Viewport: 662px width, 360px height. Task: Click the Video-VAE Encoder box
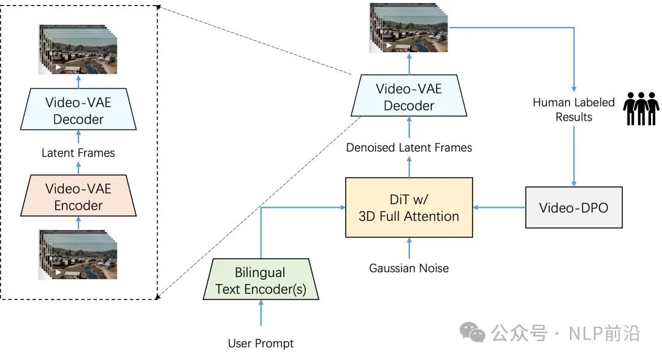pyautogui.click(x=78, y=196)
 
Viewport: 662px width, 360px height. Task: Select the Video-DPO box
pyautogui.click(x=574, y=207)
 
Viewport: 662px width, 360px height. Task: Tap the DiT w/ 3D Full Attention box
pyautogui.click(x=409, y=207)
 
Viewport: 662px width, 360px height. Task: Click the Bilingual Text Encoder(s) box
pyautogui.click(x=261, y=280)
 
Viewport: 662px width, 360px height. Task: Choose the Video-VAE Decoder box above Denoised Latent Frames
pyautogui.click(x=409, y=97)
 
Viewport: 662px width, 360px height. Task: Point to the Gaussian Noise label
pyautogui.click(x=409, y=268)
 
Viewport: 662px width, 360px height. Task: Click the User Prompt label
pyautogui.click(x=261, y=343)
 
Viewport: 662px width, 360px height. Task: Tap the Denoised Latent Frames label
pyautogui.click(x=409, y=147)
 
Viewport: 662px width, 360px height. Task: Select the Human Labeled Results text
pyautogui.click(x=574, y=109)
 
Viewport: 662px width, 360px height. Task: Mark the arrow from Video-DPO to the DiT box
pyautogui.click(x=500, y=207)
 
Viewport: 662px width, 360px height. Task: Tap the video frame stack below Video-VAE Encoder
pyautogui.click(x=78, y=254)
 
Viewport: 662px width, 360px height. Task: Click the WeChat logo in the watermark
pyautogui.click(x=473, y=333)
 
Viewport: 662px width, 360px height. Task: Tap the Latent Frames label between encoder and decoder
pyautogui.click(x=78, y=153)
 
